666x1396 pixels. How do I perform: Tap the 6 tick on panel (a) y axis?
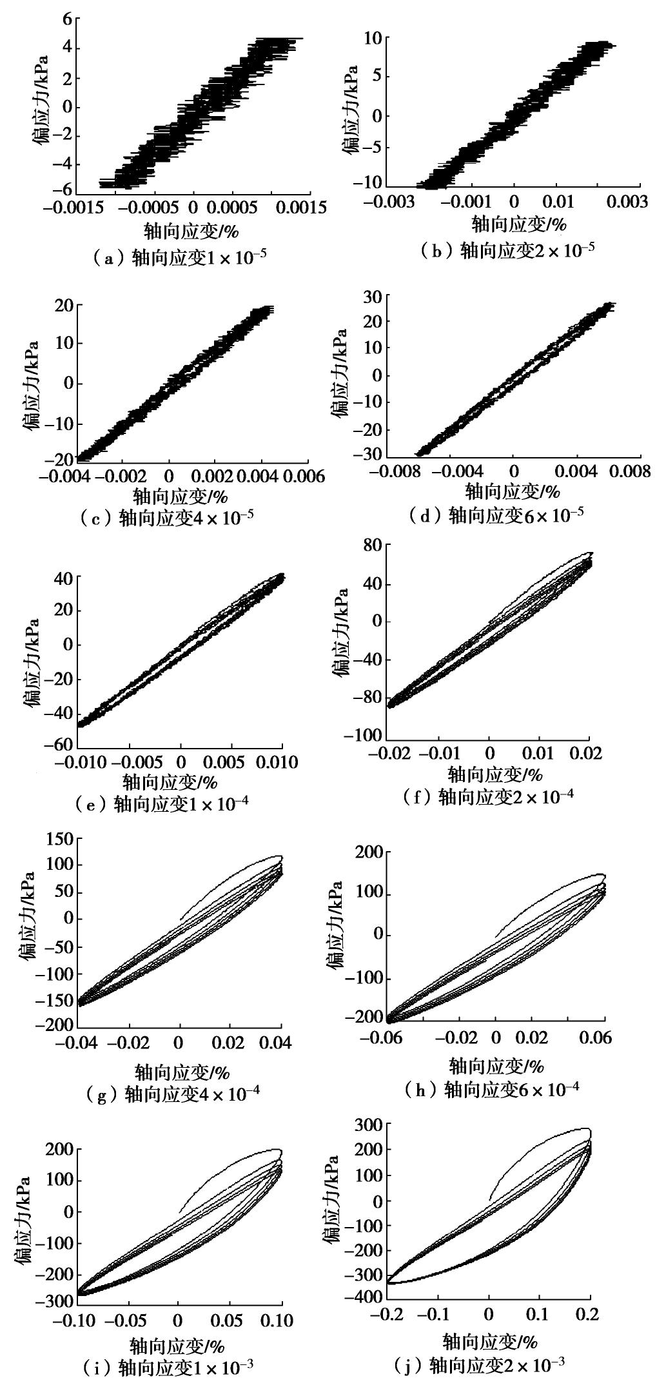[67, 19]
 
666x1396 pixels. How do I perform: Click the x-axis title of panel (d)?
[513, 492]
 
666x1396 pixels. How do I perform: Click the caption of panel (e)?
[161, 803]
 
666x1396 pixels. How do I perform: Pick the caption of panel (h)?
[491, 1089]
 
